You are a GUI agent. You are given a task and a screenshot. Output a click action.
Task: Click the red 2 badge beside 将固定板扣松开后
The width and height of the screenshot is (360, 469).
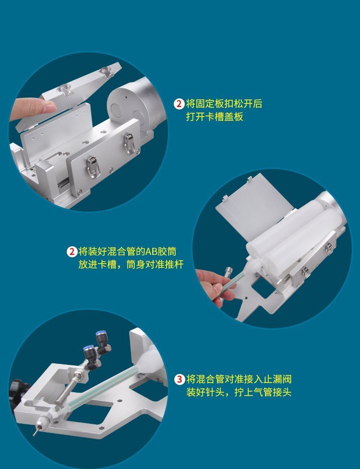point(179,104)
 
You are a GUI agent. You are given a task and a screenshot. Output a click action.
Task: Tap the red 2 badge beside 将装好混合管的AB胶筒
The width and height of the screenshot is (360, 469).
point(72,251)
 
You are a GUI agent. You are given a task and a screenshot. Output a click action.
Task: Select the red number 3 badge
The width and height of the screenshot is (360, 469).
point(179,379)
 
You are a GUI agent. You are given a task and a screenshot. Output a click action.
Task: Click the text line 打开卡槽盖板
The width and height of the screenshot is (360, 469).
point(215,117)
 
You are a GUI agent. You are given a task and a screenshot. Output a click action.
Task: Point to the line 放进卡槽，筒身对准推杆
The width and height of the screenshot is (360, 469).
point(131,265)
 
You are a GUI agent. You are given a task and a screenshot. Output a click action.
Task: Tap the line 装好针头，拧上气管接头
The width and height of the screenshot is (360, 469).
point(239,392)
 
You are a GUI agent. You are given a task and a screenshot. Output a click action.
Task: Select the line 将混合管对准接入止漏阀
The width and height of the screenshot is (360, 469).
point(239,379)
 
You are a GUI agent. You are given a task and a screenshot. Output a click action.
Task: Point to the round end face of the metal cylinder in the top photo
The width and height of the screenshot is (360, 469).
point(127,105)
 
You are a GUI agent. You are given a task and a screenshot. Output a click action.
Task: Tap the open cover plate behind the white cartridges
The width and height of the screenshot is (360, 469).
point(254,206)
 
